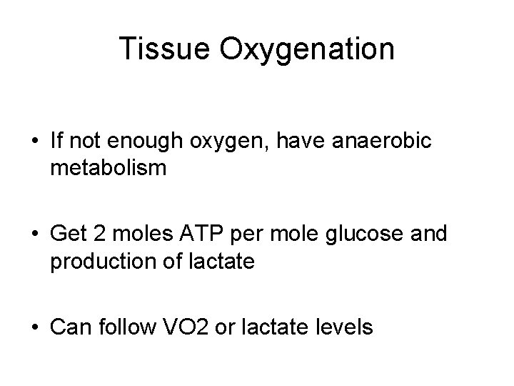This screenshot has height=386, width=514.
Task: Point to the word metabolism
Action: [109, 169]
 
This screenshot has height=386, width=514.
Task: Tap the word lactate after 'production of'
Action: [222, 262]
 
